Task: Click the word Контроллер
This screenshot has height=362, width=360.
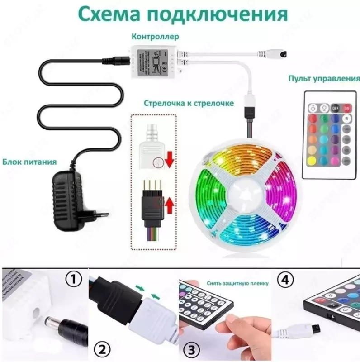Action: [155, 37]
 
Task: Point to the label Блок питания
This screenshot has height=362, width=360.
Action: [29, 161]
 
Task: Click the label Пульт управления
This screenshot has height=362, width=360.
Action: [324, 78]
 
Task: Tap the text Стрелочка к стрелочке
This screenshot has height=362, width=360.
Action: [189, 103]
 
